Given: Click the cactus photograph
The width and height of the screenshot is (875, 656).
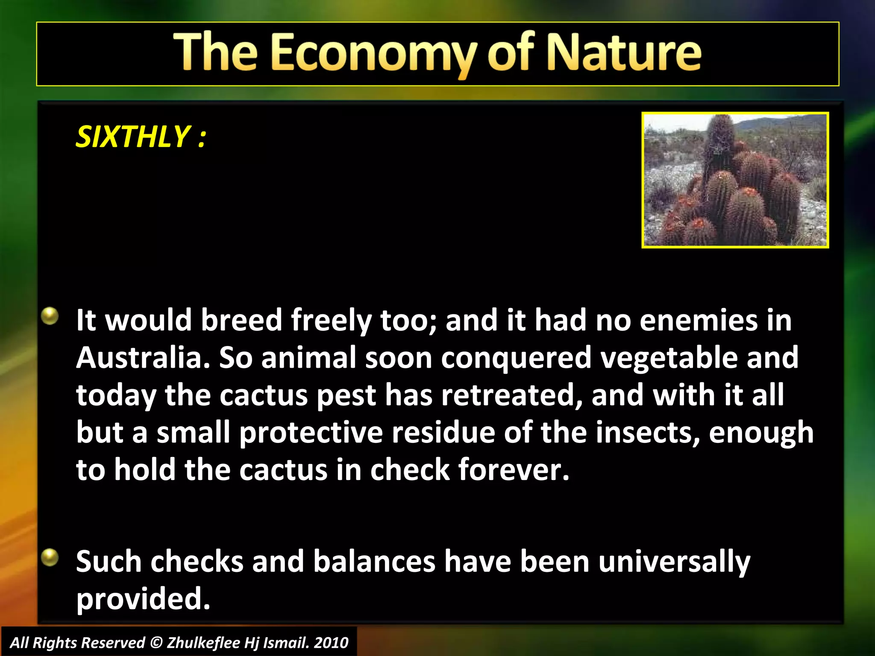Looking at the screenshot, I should [x=735, y=180].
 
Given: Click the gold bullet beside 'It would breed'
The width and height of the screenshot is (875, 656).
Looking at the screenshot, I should [x=50, y=316].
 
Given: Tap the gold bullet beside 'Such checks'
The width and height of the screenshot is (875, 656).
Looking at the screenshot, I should [x=50, y=557].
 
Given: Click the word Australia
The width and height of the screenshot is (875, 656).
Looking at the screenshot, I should [x=142, y=358].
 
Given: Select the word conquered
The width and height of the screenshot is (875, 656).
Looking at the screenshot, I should [x=516, y=358].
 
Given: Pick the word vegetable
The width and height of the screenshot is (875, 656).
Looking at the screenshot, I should [x=669, y=358].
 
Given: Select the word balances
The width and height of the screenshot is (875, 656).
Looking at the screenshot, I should [x=374, y=561].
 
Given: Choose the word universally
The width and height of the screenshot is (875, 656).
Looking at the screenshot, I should [x=674, y=562].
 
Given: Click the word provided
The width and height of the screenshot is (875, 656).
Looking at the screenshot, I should [x=143, y=599].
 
